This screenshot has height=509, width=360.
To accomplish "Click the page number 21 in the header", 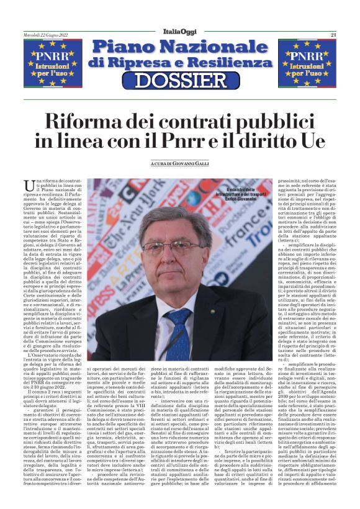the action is point(333,35).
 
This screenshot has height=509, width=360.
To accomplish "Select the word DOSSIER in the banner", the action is point(180,80).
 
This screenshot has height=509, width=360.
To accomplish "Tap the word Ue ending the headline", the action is point(312,140).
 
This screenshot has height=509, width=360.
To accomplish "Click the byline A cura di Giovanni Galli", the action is point(180,164).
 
